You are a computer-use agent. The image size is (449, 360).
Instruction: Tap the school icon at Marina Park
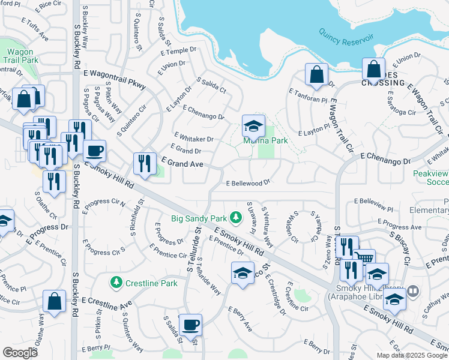[253, 125]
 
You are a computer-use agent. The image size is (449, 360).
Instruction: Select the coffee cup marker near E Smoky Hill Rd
[94, 151]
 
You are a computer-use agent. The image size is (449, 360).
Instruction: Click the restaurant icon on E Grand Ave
[144, 163]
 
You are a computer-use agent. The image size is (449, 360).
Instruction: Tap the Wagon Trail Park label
[20, 56]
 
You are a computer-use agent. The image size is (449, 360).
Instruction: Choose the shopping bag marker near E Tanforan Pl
[316, 74]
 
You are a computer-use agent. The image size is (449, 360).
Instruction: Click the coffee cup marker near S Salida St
[190, 325]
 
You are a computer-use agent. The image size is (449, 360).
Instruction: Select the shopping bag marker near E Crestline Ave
[54, 302]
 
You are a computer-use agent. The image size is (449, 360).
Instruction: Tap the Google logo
[20, 352]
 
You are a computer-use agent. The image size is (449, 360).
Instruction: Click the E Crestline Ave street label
[106, 304]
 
